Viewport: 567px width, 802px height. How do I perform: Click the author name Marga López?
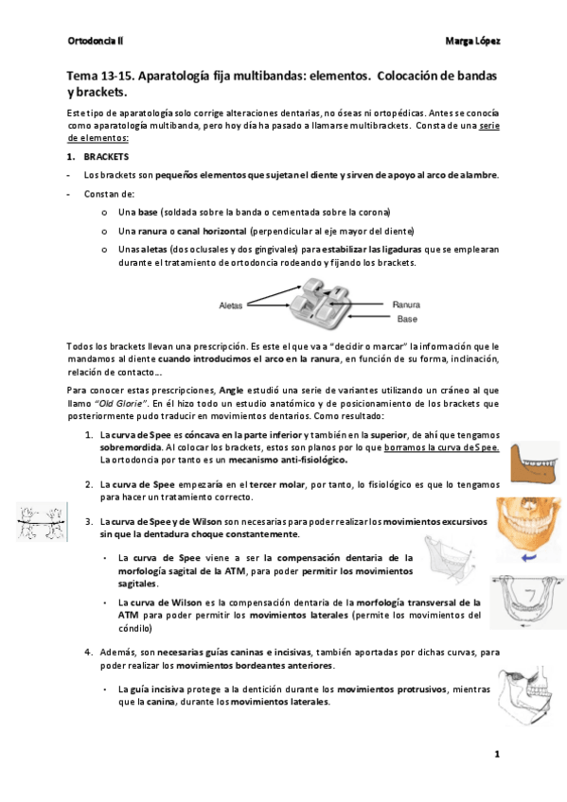pyautogui.click(x=471, y=41)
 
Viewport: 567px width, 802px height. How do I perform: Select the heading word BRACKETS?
pyautogui.click(x=107, y=156)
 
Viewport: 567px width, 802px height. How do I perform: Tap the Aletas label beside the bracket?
pyautogui.click(x=231, y=305)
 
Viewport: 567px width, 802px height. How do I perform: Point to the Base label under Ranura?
pyautogui.click(x=406, y=319)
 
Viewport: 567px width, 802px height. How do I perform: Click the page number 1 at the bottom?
pyautogui.click(x=496, y=754)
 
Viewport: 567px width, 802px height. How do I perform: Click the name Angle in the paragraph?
pyautogui.click(x=257, y=390)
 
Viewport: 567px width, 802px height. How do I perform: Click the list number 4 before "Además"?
pyautogui.click(x=88, y=652)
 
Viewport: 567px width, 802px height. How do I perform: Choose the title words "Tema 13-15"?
pyautogui.click(x=99, y=74)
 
